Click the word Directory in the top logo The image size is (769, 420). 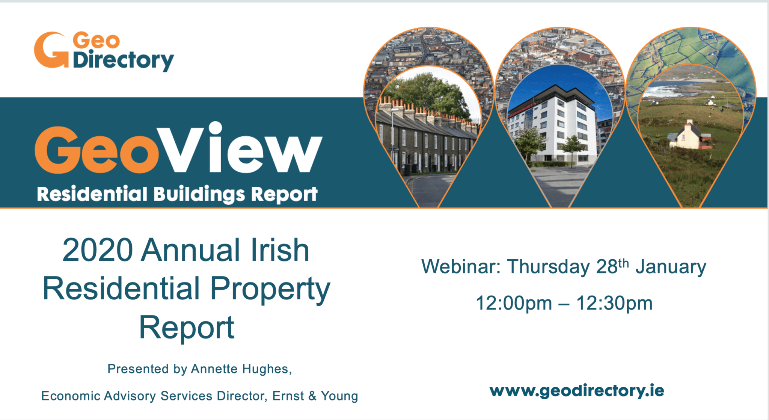[124, 60]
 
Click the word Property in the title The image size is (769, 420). [270, 290]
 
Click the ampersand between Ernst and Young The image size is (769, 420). [312, 396]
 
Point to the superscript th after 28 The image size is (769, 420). [624, 263]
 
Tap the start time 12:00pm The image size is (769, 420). [514, 303]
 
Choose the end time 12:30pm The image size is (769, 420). [614, 303]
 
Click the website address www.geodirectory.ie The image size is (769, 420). [577, 391]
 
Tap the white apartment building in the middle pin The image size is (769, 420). [552, 128]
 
